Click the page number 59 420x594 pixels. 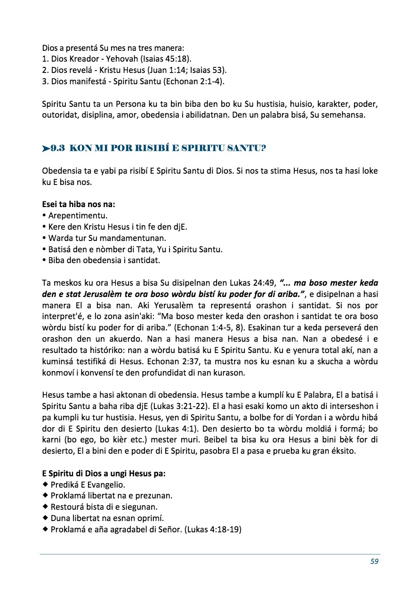(x=374, y=561)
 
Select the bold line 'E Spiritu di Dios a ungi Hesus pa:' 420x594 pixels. (x=103, y=474)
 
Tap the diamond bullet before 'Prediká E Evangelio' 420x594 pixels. (x=45, y=484)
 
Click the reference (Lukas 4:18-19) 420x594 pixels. (x=213, y=530)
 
